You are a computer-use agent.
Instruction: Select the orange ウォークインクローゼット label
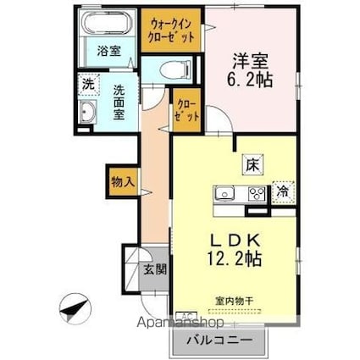click(x=172, y=30)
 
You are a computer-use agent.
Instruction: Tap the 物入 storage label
click(x=122, y=180)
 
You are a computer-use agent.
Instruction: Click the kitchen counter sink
click(x=226, y=193)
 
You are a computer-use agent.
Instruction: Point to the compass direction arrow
click(x=73, y=306)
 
